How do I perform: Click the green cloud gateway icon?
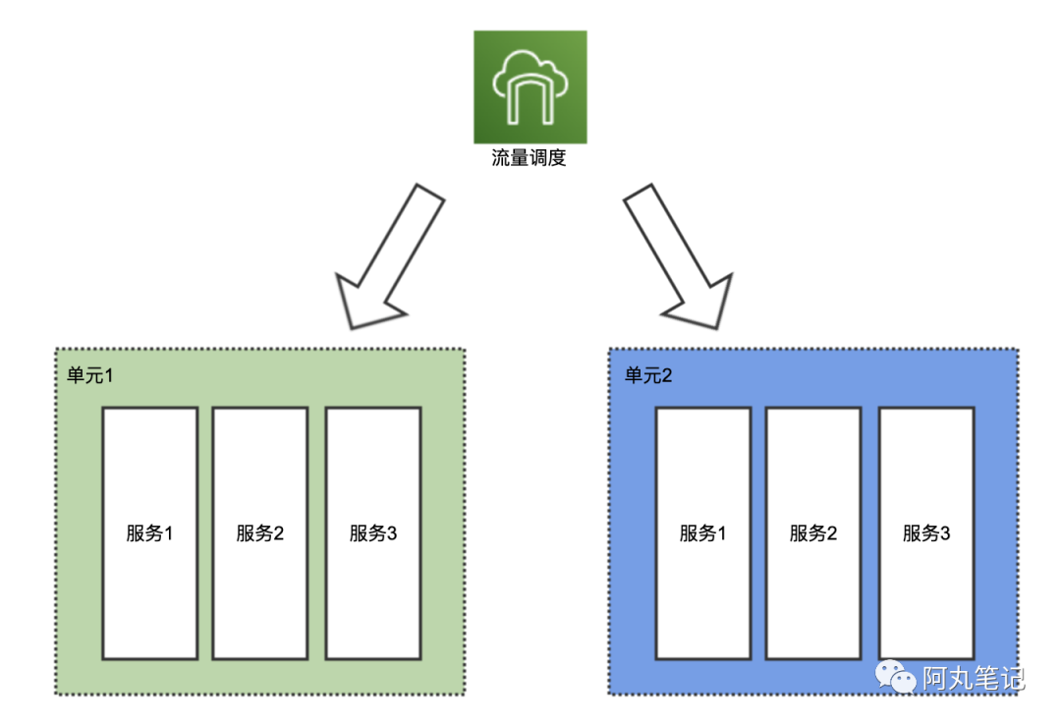click(530, 86)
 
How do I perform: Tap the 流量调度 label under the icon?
click(530, 158)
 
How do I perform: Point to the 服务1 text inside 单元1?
click(149, 533)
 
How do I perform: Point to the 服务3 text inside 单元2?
click(925, 533)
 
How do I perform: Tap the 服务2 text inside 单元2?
click(812, 533)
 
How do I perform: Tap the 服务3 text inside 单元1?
click(372, 533)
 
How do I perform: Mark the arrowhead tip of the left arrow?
click(352, 326)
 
